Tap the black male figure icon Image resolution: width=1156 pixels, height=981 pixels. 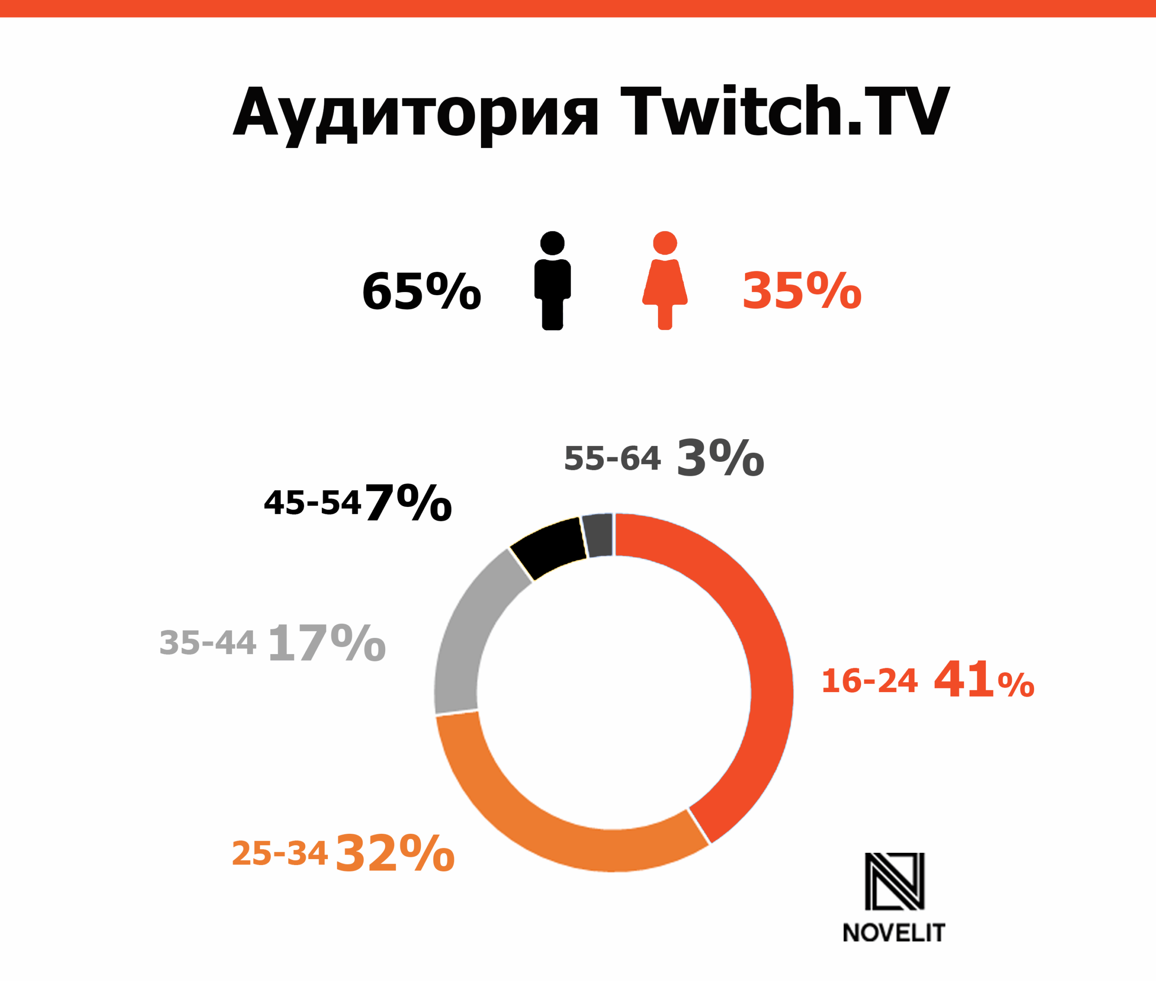pos(552,281)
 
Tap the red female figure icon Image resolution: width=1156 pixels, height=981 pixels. pos(665,281)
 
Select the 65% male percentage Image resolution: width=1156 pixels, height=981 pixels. pos(421,291)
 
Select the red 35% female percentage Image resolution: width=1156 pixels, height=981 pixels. pos(802,291)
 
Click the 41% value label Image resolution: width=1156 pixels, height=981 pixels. pos(984,679)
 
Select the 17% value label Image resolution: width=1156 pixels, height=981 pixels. pos(326,643)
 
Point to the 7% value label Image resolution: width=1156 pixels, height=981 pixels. pos(408,503)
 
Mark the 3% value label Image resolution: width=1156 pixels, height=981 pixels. pos(720,458)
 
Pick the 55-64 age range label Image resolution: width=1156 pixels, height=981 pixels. pos(612,459)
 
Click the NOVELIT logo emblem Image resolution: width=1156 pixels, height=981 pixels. pos(895,881)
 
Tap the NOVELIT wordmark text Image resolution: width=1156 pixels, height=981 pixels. pos(894,933)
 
